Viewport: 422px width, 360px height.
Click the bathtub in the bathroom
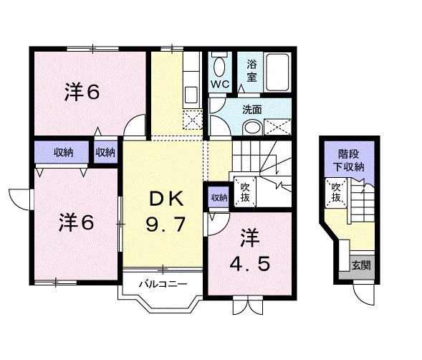point(277,71)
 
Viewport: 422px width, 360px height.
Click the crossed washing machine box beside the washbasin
point(278,128)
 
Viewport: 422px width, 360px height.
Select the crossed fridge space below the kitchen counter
point(191,121)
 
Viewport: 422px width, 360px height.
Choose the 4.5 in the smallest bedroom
point(250,264)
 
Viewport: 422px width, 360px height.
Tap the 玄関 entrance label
point(360,265)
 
